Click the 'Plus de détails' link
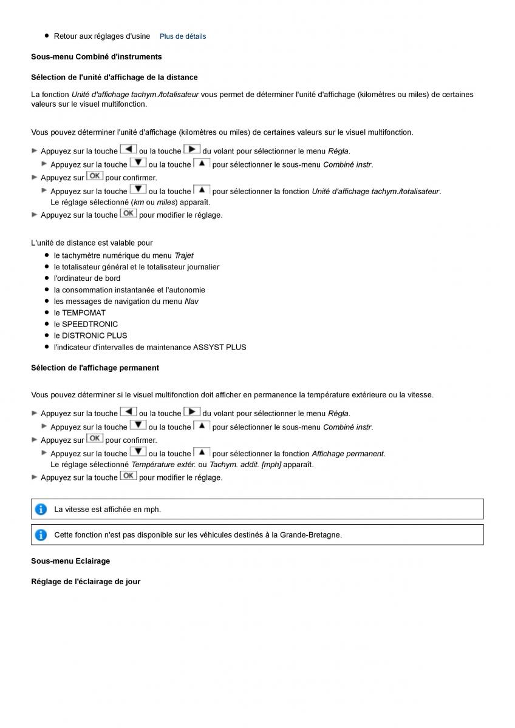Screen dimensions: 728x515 [x=182, y=36]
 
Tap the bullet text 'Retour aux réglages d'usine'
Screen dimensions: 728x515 [x=102, y=36]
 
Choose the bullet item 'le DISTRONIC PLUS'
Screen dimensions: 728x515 [x=90, y=335]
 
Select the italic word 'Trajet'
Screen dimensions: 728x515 [x=184, y=255]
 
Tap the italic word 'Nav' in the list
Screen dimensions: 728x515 [x=191, y=302]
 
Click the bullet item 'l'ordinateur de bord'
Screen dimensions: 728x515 [x=87, y=278]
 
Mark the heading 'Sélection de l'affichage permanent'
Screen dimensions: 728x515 [x=95, y=368]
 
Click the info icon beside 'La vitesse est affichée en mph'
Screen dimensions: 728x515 [x=41, y=510]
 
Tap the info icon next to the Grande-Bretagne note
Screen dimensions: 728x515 [x=41, y=535]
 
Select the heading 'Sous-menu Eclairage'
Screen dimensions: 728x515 [x=70, y=561]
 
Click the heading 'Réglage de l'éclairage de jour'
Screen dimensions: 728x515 [x=86, y=582]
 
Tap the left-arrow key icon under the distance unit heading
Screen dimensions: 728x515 [x=128, y=150]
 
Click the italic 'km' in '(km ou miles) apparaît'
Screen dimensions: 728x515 [x=138, y=203]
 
